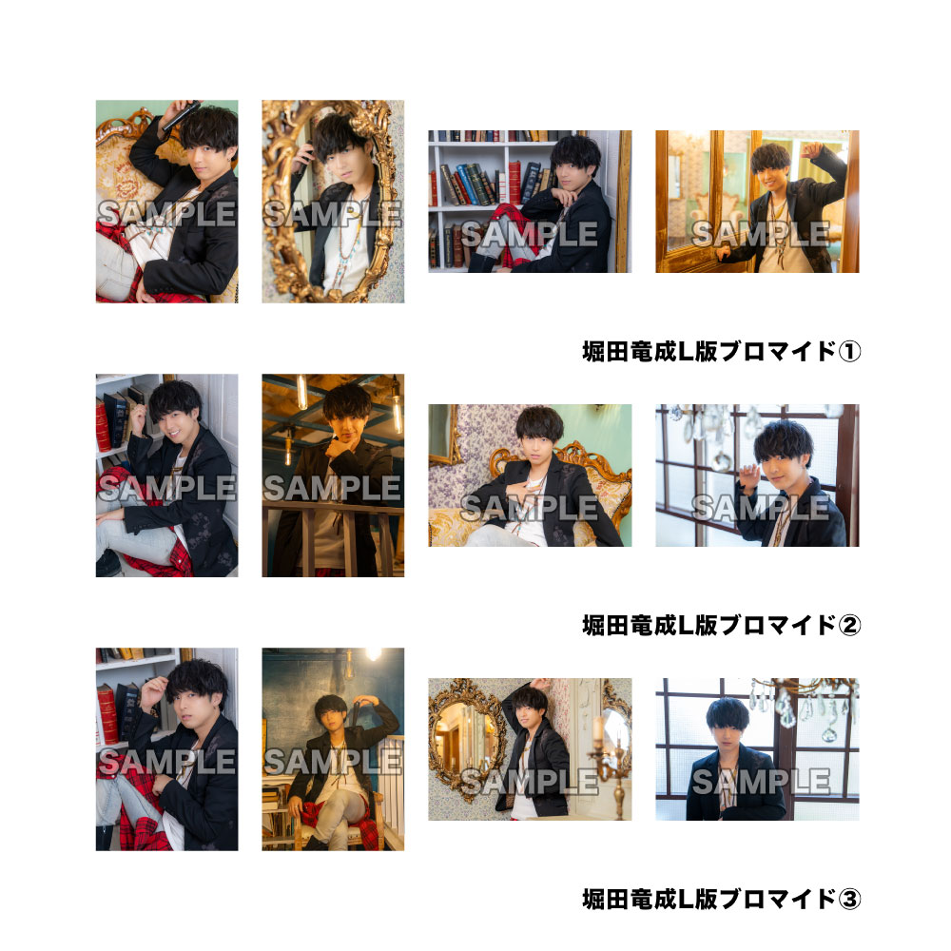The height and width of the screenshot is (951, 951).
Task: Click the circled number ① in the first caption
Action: pos(849,351)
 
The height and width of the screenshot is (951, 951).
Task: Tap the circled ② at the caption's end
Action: pos(849,625)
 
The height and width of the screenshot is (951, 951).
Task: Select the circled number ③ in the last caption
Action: pos(849,899)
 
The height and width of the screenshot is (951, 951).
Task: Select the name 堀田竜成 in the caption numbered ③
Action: pos(630,899)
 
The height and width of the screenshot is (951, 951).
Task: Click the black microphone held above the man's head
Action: pos(180,115)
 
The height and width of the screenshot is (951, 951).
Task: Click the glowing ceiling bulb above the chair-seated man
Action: pos(373,654)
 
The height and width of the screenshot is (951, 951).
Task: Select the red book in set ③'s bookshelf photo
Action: pos(107,713)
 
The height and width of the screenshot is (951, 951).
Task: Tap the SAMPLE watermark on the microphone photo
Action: pos(166,213)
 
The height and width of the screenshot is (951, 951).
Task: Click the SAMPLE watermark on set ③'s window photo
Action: pos(761,781)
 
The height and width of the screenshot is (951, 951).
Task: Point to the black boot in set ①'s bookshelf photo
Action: pos(482,262)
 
